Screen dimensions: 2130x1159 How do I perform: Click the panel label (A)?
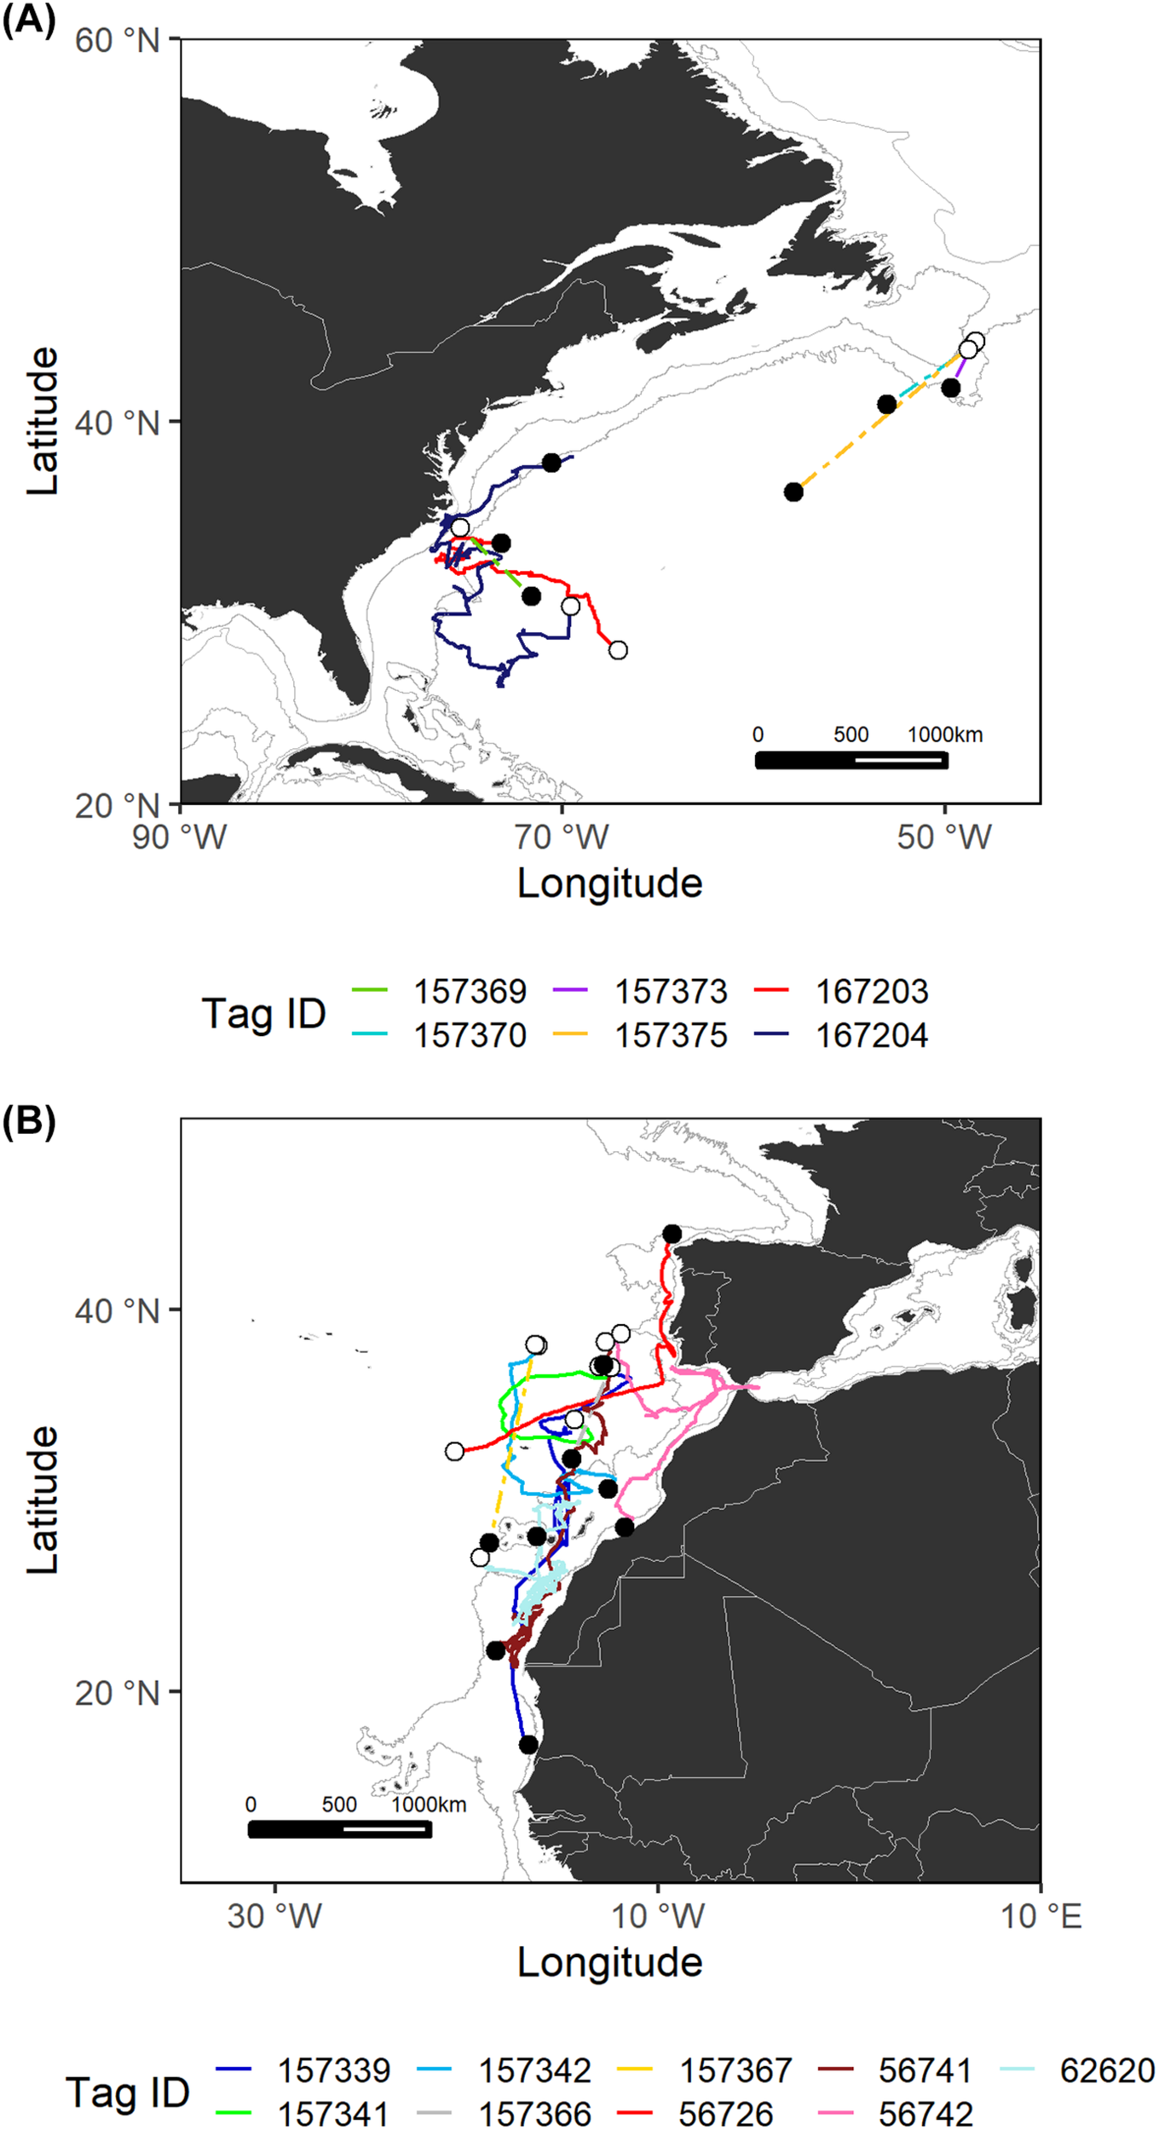(x=28, y=19)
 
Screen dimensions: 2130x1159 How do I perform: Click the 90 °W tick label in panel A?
(x=179, y=838)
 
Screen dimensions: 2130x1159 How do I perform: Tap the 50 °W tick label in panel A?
(x=944, y=838)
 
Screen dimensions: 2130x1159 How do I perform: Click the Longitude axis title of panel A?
(x=609, y=884)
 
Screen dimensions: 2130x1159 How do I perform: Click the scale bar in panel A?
(x=851, y=760)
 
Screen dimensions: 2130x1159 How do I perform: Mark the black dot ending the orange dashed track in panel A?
(x=793, y=492)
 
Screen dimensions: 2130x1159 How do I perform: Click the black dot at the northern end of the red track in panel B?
(x=672, y=1234)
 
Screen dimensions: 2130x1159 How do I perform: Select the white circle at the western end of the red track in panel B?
(x=454, y=1451)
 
